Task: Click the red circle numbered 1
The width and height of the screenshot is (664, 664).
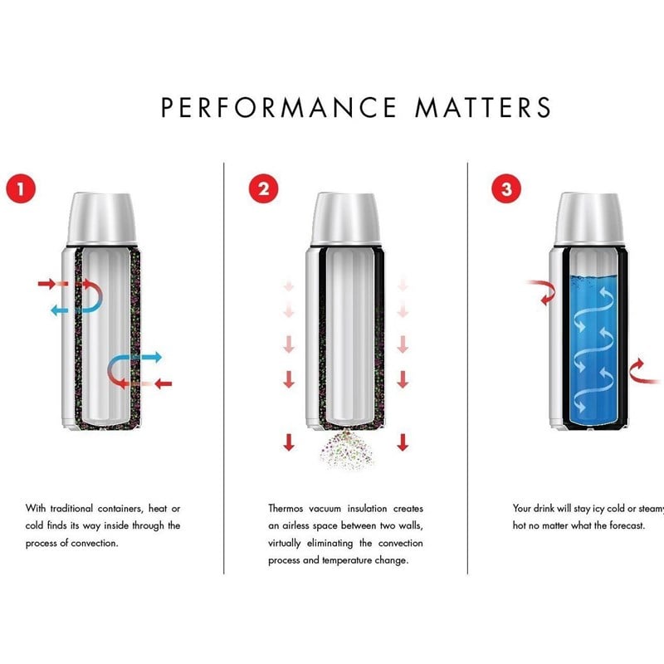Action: click(21, 188)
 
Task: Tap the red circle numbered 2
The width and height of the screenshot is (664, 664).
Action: click(263, 188)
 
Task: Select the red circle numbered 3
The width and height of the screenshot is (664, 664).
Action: click(506, 188)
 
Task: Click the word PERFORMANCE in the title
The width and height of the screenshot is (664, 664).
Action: click(279, 107)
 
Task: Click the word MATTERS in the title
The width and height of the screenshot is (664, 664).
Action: click(483, 107)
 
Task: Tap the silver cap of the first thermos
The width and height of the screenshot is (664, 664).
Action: click(101, 218)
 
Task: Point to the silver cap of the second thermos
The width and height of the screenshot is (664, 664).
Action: click(345, 218)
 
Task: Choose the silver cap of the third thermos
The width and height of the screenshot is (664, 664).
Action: click(589, 218)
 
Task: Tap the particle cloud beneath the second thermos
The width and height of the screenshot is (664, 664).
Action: click(346, 450)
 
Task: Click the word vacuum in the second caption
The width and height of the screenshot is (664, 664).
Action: click(325, 508)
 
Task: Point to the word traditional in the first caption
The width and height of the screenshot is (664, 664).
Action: click(71, 508)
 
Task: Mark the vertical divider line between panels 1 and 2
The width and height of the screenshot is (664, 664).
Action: click(223, 368)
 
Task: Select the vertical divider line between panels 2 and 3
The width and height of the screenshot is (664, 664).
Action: click(467, 368)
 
